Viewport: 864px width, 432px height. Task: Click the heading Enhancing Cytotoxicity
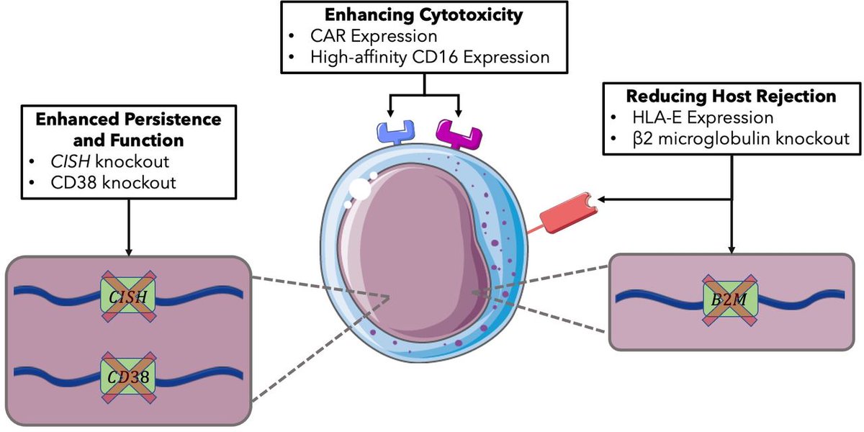423,15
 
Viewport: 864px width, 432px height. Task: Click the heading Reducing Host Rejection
732,96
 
